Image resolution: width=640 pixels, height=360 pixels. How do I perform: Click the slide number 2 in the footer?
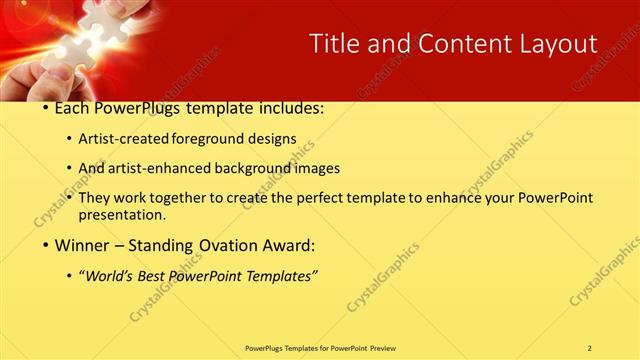point(590,348)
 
